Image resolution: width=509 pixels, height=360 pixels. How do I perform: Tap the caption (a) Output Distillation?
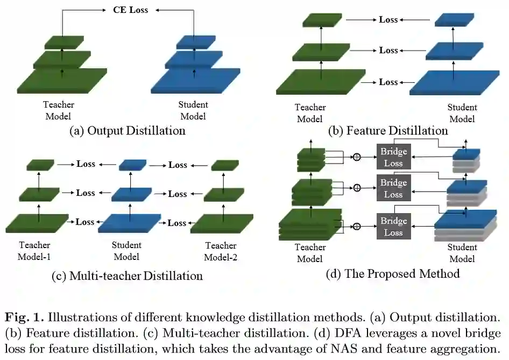pos(128,130)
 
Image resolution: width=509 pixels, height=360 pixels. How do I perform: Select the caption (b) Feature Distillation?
pos(389,130)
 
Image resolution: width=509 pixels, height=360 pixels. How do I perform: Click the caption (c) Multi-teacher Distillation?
pos(127,276)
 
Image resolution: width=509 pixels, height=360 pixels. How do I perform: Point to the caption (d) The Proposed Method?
pos(393,273)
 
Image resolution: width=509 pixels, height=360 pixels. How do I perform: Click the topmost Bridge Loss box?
pos(393,157)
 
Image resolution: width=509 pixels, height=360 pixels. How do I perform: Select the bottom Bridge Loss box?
pos(393,227)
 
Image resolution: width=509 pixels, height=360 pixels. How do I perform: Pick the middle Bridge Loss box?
pos(393,188)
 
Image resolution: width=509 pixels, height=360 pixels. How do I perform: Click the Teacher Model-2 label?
pos(221,251)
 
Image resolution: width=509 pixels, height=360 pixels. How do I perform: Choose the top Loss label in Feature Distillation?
pos(388,20)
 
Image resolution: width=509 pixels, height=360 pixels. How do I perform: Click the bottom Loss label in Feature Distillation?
pos(388,82)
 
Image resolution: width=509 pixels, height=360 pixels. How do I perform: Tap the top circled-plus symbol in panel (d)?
pos(356,157)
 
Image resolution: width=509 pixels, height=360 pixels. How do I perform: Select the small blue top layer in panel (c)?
pos(132,165)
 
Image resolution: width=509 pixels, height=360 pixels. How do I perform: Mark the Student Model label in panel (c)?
pos(126,251)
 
